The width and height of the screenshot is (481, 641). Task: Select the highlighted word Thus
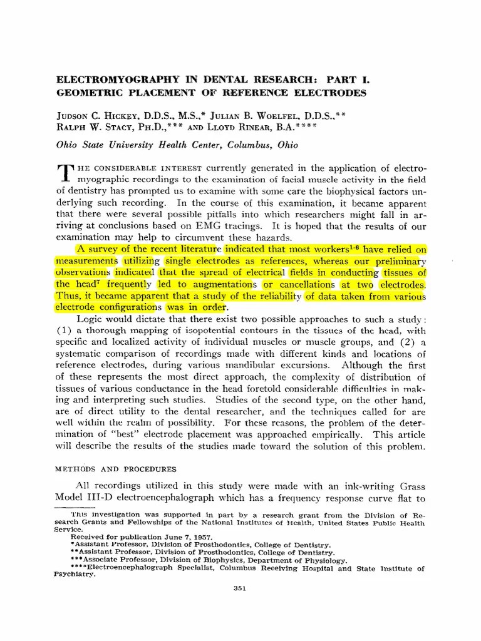click(x=68, y=296)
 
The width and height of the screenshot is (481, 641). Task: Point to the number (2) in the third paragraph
click(x=405, y=342)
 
